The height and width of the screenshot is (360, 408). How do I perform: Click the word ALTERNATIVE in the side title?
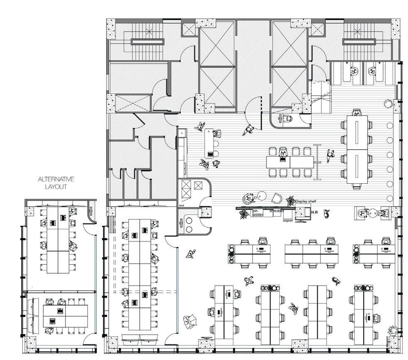tap(56, 180)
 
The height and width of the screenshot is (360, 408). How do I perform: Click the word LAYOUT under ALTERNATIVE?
tap(56, 187)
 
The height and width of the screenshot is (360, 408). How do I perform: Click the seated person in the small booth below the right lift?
tap(287, 118)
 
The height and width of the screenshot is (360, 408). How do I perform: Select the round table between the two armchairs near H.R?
tap(373, 212)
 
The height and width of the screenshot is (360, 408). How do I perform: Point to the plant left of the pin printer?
tap(243, 214)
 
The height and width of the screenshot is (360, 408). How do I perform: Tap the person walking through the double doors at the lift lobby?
tap(248, 129)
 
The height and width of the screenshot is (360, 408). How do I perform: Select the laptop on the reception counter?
tap(210, 154)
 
